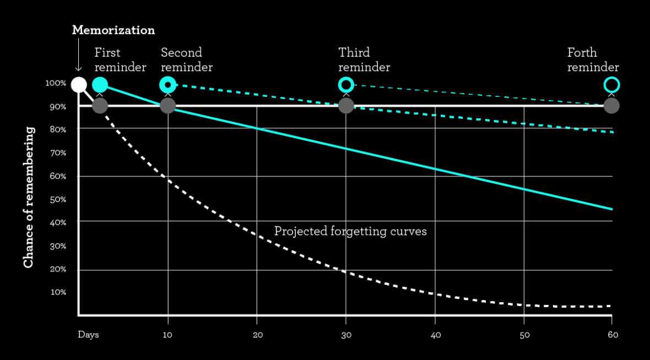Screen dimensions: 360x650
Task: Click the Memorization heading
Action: [x=113, y=30]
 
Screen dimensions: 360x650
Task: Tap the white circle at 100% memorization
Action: [x=79, y=85]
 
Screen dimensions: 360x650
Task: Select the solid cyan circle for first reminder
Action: [x=100, y=85]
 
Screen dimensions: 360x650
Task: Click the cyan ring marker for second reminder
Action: [x=167, y=85]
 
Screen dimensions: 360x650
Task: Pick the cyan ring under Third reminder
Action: [x=346, y=85]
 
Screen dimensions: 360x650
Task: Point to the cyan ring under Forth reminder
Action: [x=611, y=85]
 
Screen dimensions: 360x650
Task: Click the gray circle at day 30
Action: [x=346, y=105]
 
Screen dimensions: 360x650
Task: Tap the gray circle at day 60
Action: [x=611, y=105]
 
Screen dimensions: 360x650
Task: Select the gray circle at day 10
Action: [x=167, y=105]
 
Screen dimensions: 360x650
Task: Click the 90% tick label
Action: [x=58, y=106]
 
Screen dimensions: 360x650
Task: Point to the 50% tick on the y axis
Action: [x=58, y=199]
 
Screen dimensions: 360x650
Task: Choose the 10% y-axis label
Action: [x=58, y=292]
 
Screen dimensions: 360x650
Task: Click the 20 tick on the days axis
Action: [x=257, y=335]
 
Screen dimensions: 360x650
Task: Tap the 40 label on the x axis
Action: [x=435, y=335]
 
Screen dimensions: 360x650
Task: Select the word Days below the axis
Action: [x=88, y=335]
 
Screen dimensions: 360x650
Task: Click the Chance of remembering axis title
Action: [x=29, y=198]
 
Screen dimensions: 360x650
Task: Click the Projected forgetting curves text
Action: [x=350, y=231]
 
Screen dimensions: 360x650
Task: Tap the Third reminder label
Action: [x=364, y=60]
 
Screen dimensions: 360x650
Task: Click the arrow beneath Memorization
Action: [x=79, y=55]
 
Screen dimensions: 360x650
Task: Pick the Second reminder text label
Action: [x=186, y=60]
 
